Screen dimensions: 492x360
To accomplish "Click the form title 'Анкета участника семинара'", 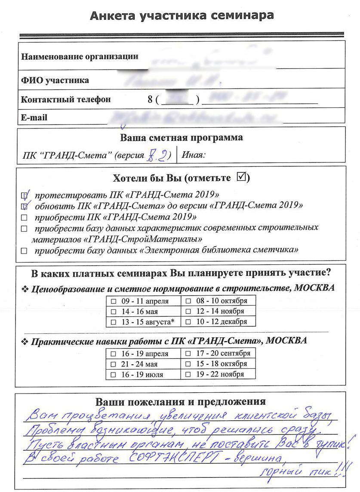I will pos(182,16).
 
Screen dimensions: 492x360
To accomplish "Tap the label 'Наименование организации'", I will pos(80,56).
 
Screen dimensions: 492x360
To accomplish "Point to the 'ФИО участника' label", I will pos(55,80).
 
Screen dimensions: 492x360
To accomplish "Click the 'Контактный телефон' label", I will pos(66,99).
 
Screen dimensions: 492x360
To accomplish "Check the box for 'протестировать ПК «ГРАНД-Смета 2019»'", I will pos(24,196).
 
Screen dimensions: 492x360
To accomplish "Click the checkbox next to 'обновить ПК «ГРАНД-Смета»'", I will pos(24,206).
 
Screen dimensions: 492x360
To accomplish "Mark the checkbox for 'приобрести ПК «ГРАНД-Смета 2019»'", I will pos(24,217).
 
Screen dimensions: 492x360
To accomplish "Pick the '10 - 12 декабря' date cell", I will pos(218,322).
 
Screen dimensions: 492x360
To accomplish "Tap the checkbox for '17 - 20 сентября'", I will pos(188,353).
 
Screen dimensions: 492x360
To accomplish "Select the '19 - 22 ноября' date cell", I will pos(218,374).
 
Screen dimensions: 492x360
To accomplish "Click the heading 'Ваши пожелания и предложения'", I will pos(180,402).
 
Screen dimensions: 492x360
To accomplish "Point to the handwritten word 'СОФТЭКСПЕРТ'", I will pos(172,457).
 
